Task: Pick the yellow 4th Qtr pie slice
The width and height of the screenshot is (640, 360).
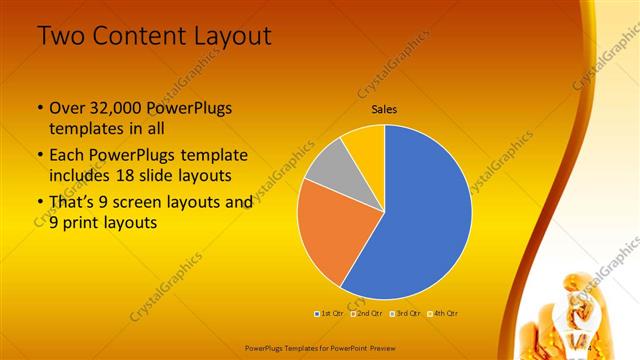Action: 364,142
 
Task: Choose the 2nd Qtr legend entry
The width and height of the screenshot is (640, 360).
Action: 369,313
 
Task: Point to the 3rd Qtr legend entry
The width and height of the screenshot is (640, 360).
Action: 406,313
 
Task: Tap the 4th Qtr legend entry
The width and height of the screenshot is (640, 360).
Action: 443,313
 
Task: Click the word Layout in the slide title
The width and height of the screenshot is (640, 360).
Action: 232,37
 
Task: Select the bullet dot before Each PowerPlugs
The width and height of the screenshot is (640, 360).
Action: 39,156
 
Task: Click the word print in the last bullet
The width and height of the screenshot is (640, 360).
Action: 87,224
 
